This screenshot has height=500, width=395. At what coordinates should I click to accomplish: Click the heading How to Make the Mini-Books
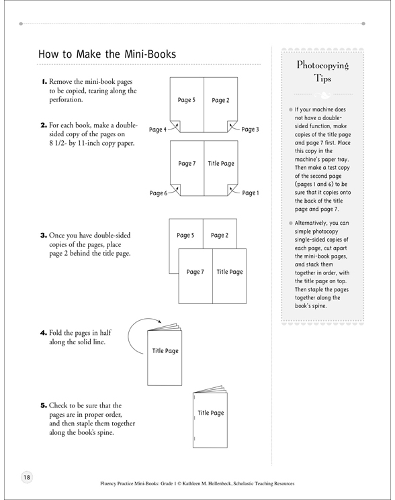(107, 54)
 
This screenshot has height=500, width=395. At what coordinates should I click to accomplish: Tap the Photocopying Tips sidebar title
(322, 71)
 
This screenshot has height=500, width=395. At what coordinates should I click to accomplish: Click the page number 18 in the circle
(27, 477)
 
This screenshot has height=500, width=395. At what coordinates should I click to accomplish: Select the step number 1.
(44, 82)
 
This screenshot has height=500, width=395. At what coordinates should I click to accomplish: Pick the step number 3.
(44, 236)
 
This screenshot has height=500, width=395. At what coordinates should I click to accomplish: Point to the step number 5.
(44, 405)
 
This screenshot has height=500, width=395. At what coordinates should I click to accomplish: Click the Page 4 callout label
(158, 130)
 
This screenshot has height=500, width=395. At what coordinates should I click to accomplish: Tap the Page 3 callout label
(250, 129)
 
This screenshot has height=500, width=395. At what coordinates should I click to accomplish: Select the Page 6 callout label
(159, 193)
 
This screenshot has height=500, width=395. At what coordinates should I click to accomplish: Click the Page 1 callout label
(251, 193)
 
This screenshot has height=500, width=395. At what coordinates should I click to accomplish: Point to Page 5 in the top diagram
(186, 100)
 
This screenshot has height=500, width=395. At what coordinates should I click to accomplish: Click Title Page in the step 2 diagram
(221, 163)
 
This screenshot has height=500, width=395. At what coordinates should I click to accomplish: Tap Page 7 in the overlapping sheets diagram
(195, 272)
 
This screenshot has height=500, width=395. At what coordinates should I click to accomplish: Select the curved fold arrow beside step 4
(128, 335)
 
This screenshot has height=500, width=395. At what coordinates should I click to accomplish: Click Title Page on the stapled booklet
(210, 413)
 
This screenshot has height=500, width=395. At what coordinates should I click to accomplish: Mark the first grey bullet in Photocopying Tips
(291, 109)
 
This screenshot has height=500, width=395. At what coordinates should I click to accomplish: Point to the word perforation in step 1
(66, 99)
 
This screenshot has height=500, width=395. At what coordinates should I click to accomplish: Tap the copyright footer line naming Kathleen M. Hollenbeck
(197, 483)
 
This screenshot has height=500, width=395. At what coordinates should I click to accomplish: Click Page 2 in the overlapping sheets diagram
(220, 235)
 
